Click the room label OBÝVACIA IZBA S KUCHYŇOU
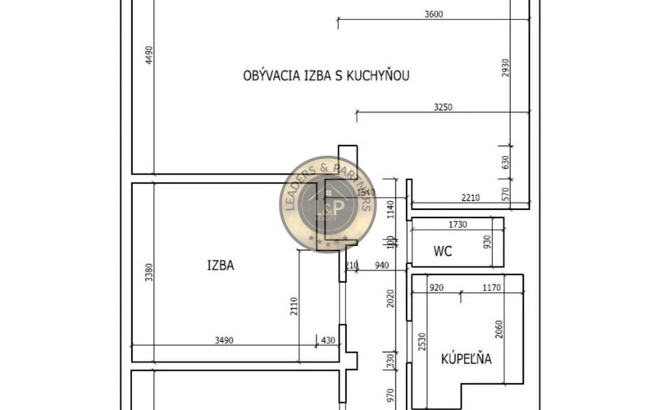(326, 76)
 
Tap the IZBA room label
(221, 265)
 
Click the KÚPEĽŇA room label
(466, 358)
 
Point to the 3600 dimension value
(434, 13)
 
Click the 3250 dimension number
(444, 107)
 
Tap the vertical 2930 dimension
(506, 68)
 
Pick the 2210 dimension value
(470, 197)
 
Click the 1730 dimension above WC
(458, 224)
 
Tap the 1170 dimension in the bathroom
(492, 287)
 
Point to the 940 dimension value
(380, 264)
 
